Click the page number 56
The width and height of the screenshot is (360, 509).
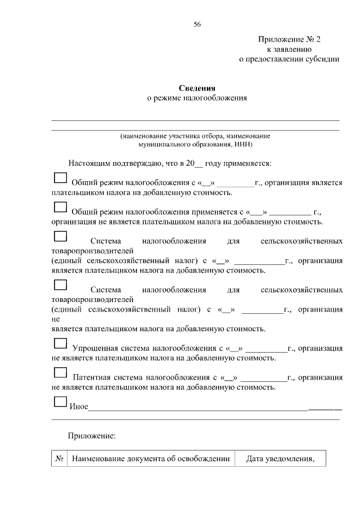(x=197, y=24)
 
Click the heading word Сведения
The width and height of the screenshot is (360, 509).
(x=197, y=88)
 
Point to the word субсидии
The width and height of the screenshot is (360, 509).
(x=322, y=58)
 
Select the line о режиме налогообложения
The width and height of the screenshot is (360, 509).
(x=197, y=98)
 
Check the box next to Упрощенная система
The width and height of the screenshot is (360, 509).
(x=59, y=343)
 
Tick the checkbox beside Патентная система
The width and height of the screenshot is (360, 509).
(x=59, y=372)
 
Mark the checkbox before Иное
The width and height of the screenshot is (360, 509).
(x=59, y=401)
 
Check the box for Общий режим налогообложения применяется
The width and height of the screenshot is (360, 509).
(x=59, y=207)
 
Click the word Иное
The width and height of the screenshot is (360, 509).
(x=78, y=407)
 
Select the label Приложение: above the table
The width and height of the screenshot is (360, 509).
(x=92, y=436)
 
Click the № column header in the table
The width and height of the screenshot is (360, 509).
(x=59, y=459)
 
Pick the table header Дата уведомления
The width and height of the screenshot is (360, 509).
(x=280, y=459)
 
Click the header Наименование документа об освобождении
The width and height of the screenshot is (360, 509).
(x=151, y=459)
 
